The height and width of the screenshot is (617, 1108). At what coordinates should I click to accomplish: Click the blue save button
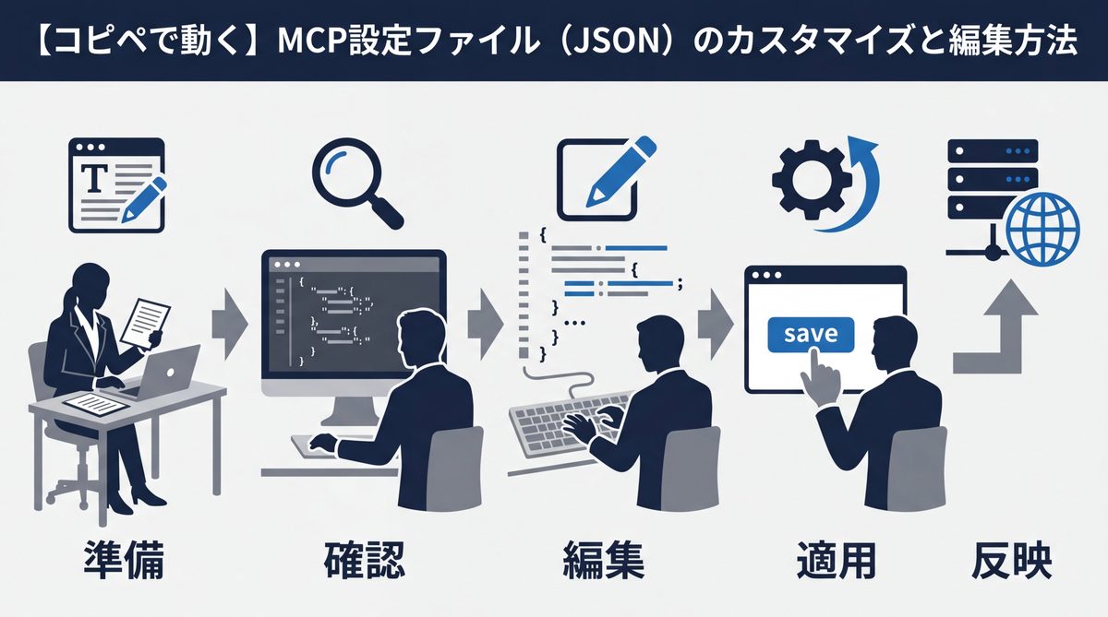(x=810, y=334)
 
